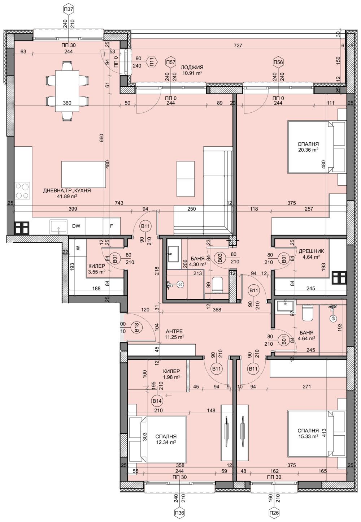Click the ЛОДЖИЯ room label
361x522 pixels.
(x=192, y=68)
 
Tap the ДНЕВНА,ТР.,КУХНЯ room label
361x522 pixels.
(x=67, y=190)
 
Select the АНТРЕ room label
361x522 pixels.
(x=174, y=331)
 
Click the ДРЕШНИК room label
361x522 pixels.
(x=311, y=251)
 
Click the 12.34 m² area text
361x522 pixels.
(x=166, y=442)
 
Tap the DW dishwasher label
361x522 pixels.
(x=76, y=226)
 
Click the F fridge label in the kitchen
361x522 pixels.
(x=112, y=226)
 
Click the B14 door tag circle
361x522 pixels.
(x=157, y=401)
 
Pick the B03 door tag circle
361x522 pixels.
(x=218, y=258)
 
